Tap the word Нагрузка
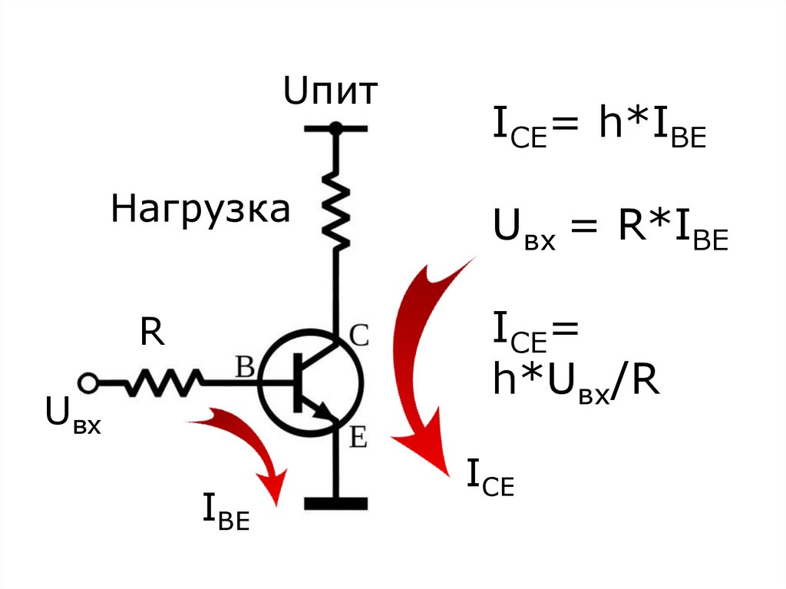200,210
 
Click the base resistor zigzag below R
165,382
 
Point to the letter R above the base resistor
152,334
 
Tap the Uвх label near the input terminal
73,415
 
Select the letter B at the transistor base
245,367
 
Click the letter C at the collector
359,335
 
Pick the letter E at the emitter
358,438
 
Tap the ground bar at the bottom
335,504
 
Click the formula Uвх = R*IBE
610,230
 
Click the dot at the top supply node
335,129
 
